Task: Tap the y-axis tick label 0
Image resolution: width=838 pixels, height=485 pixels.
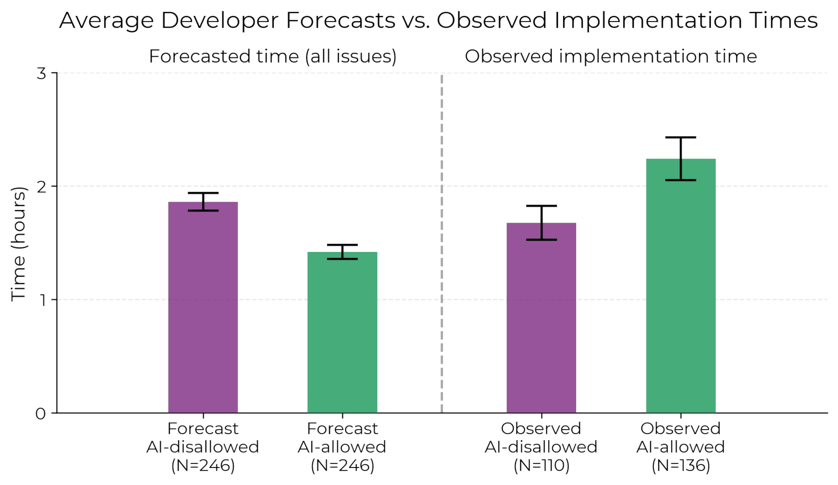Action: click(40, 414)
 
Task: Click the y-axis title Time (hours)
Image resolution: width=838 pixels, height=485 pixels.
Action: click(18, 243)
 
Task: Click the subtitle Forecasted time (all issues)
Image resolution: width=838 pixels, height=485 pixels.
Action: click(272, 56)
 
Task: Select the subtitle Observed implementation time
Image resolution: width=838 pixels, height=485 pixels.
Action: click(611, 56)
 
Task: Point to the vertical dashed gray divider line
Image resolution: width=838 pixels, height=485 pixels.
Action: click(441, 249)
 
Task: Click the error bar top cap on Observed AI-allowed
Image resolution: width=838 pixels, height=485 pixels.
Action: click(680, 137)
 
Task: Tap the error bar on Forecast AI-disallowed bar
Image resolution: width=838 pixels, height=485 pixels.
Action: click(203, 202)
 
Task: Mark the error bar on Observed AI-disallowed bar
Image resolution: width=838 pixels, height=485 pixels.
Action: click(541, 223)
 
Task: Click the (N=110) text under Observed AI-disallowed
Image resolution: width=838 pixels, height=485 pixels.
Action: click(541, 465)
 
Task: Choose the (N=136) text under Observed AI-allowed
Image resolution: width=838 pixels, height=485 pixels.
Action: click(680, 465)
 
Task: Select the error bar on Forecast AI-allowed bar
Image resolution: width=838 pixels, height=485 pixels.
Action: click(342, 251)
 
